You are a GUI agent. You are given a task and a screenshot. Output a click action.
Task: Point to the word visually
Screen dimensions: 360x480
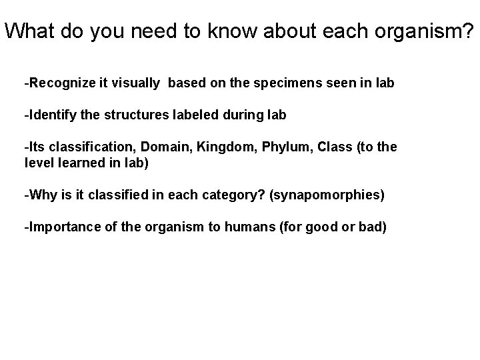click(x=138, y=83)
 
